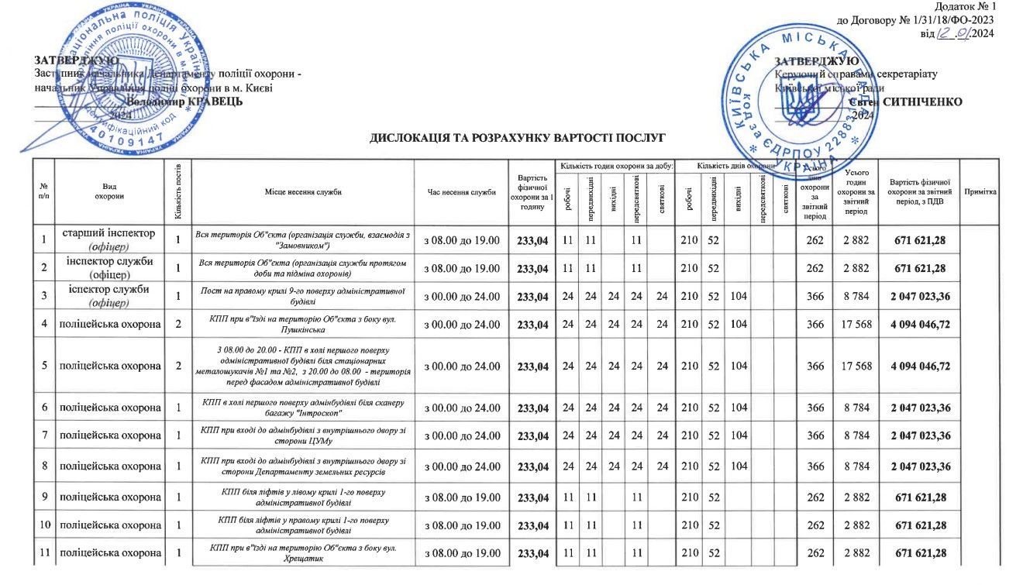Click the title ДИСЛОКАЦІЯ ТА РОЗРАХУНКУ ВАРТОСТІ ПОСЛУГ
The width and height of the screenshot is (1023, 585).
point(518,139)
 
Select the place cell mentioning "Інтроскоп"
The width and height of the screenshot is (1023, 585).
point(302,408)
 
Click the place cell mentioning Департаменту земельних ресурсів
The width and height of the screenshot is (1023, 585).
point(302,466)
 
